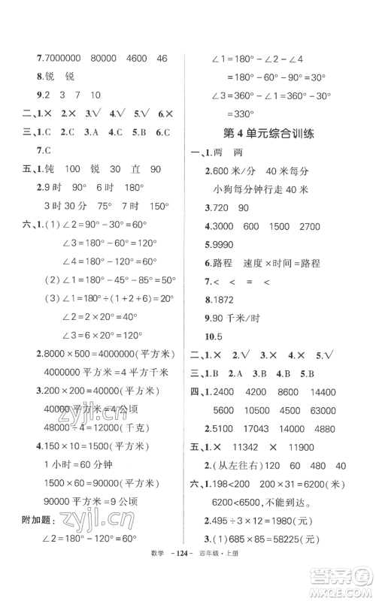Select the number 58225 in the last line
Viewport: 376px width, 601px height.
[x=287, y=558]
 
